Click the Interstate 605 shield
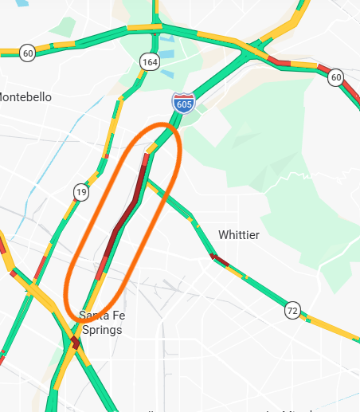[x=183, y=102]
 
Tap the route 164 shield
[x=149, y=61]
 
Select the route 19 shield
[x=81, y=192]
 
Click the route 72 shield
[x=294, y=310]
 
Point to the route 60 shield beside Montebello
[x=28, y=53]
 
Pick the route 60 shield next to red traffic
[x=335, y=77]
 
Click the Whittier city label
[x=238, y=235]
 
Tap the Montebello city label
[x=25, y=96]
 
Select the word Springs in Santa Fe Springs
[x=102, y=329]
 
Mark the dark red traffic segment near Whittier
[x=219, y=260]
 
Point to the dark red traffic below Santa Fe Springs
[x=75, y=343]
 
